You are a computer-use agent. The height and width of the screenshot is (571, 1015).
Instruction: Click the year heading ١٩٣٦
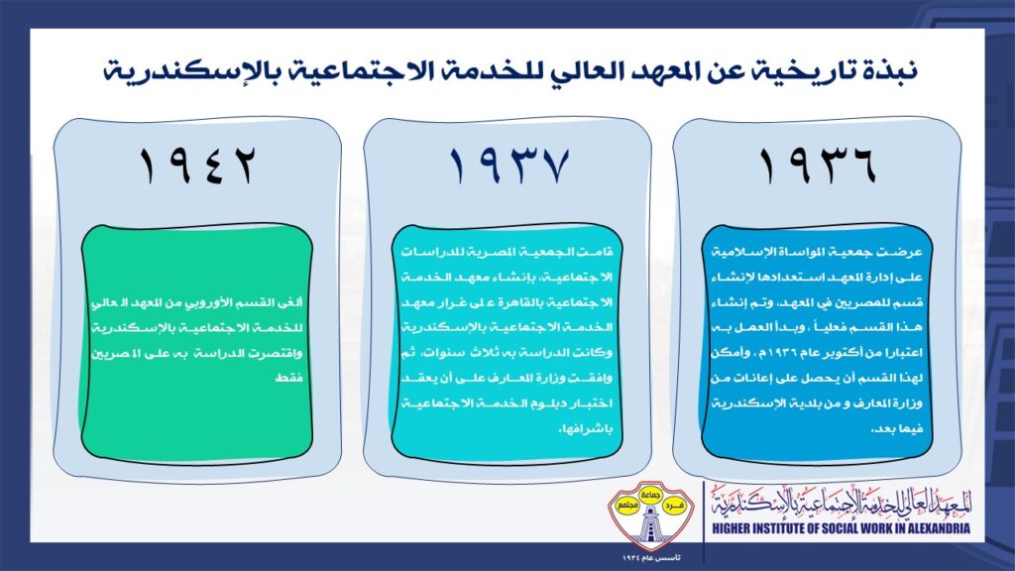817,166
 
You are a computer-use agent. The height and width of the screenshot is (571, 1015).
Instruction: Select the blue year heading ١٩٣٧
508,166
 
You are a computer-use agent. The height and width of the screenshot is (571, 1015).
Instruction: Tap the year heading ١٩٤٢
197,166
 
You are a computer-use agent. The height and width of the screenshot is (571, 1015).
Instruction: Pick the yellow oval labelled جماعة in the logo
650,494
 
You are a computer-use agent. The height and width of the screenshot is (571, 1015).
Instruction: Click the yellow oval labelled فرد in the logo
674,505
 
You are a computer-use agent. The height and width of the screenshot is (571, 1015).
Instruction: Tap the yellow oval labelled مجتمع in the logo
626,505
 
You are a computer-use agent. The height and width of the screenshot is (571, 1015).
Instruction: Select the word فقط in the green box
288,378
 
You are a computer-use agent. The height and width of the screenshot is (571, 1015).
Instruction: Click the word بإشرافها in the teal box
585,429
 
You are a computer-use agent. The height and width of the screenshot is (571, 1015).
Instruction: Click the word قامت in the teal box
597,252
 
